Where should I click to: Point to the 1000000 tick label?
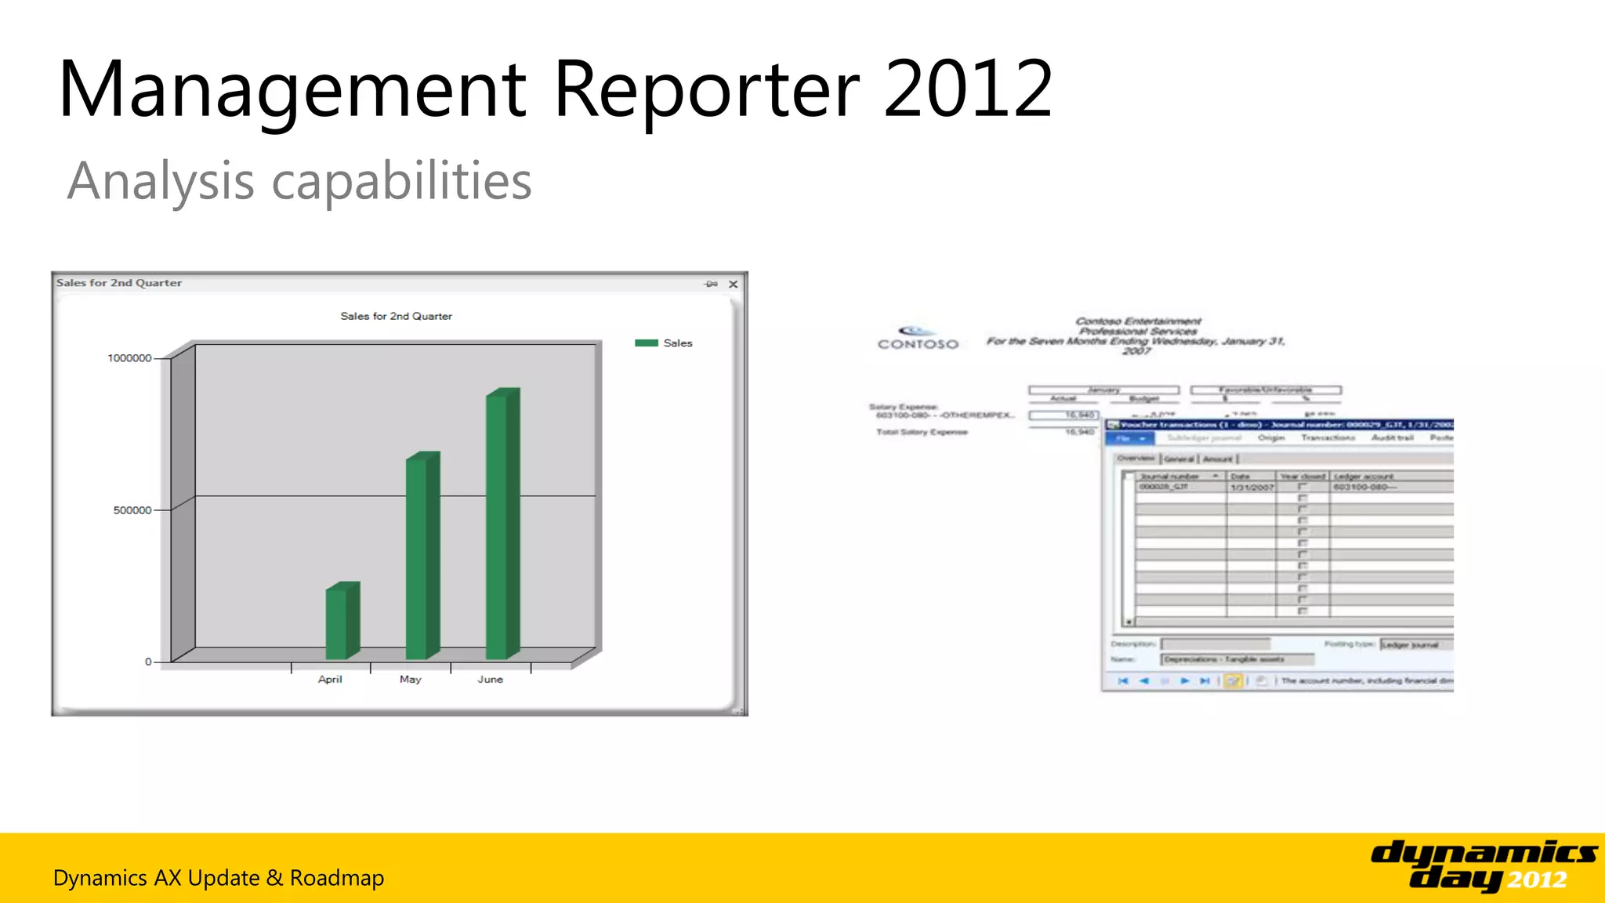coord(129,358)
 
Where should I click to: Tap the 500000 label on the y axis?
coord(132,510)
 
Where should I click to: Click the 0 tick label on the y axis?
coord(148,662)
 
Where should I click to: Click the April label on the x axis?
coord(330,679)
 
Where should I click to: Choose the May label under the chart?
coord(410,679)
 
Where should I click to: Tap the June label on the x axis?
coord(490,679)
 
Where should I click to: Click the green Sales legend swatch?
coord(647,343)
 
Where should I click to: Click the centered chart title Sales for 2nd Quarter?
coord(396,316)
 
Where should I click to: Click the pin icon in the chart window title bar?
coord(711,284)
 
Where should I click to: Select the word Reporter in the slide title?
coord(706,89)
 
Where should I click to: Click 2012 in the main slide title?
coord(968,89)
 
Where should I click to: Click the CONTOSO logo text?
coord(918,343)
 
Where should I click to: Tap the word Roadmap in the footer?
coord(337,878)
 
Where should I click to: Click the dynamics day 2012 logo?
coord(1483,865)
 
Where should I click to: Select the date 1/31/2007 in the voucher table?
coord(1252,488)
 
